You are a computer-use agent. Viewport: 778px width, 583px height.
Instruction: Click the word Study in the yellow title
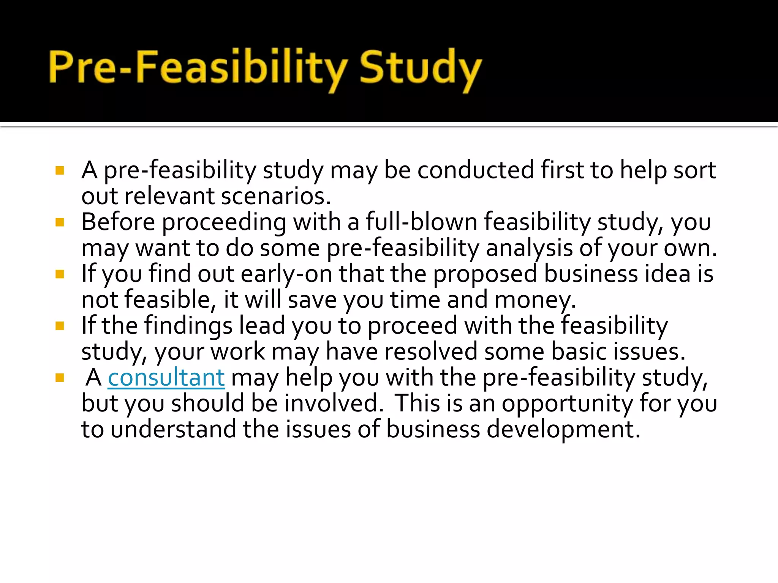(x=420, y=68)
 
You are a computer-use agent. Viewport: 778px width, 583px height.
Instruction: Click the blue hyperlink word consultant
(x=166, y=378)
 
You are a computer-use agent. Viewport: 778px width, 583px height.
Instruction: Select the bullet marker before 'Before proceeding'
(x=60, y=222)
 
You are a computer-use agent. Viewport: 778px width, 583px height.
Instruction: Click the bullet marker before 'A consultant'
(x=60, y=378)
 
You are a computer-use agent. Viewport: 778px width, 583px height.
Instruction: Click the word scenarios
(x=276, y=197)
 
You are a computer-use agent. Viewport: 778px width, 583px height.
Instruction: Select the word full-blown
(x=421, y=222)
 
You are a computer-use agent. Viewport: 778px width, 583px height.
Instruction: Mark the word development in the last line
(x=563, y=430)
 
